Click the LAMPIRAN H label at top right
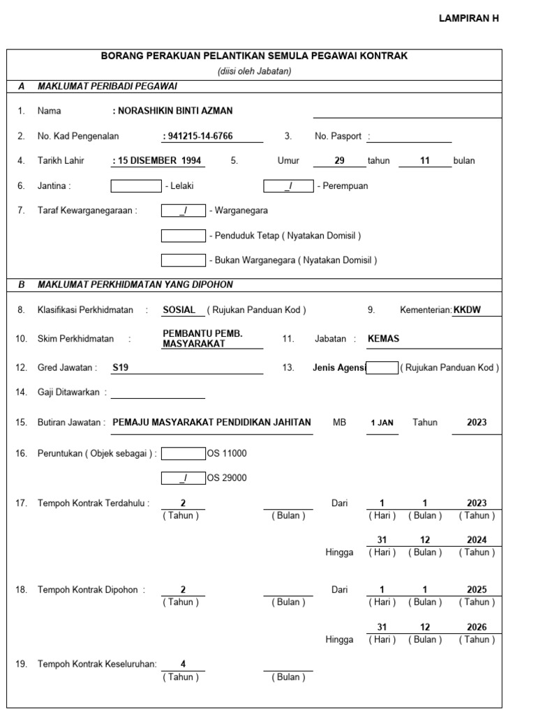pos(468,19)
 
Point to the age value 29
pos(339,160)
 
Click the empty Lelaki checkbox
pos(135,186)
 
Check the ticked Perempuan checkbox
pos(288,186)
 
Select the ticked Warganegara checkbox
pos(183,211)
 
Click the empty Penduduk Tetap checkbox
pos(183,236)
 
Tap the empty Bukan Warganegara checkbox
pos(183,260)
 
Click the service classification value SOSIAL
pos(179,310)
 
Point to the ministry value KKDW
pos(467,310)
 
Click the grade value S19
pos(120,367)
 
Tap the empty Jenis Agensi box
pos(382,367)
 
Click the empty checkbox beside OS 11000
pos(183,453)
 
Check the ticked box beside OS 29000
pos(183,478)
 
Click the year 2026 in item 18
pos(477,627)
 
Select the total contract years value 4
pos(183,664)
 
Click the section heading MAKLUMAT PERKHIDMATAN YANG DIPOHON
pos(135,284)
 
